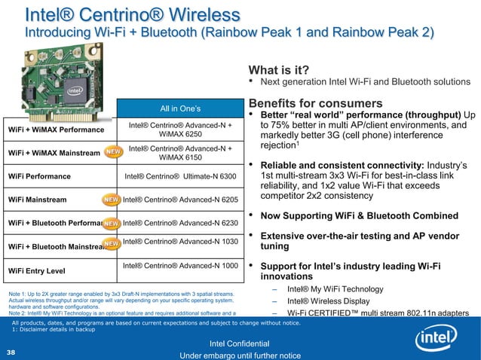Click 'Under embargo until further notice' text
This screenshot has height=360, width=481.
pyautogui.click(x=240, y=355)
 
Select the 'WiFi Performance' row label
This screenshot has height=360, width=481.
pyautogui.click(x=40, y=177)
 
